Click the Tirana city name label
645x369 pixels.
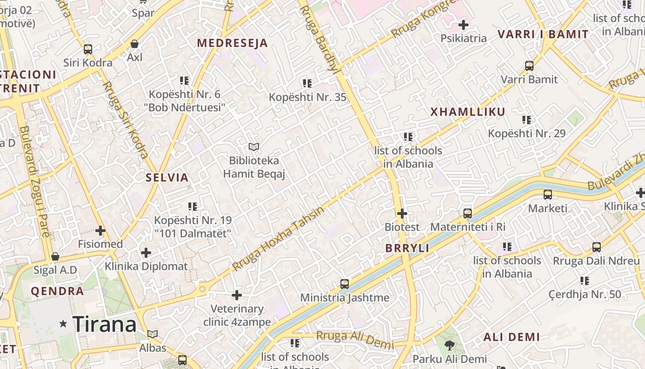click(105, 324)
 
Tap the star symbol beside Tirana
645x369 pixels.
click(63, 324)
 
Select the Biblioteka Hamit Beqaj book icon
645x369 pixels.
click(254, 147)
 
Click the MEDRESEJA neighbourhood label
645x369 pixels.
click(232, 43)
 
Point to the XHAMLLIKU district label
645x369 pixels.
click(468, 112)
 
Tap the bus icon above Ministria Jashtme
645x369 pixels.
click(345, 284)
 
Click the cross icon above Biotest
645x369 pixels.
click(402, 214)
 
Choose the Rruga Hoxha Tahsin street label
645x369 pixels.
click(278, 239)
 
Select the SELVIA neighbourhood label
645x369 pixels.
click(167, 178)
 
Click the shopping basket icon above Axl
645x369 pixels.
click(135, 44)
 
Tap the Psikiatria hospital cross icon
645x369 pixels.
click(463, 25)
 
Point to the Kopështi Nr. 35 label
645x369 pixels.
click(307, 97)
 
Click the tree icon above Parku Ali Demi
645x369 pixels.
click(449, 345)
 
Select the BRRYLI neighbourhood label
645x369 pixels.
click(407, 248)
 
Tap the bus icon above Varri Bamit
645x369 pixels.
click(529, 66)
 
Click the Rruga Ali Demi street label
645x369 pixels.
click(355, 340)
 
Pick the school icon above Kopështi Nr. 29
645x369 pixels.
click(527, 120)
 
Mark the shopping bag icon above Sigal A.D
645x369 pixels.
click(55, 256)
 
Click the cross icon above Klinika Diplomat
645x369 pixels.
click(146, 253)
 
